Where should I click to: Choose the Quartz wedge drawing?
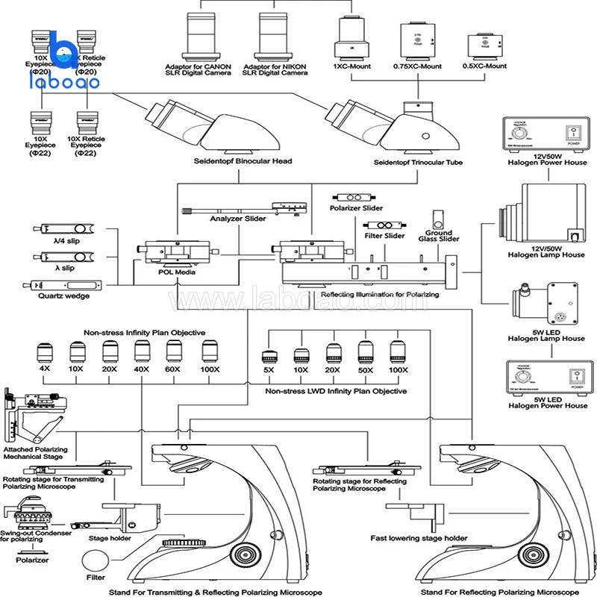[x=64, y=285]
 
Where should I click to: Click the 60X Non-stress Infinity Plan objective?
[x=173, y=351]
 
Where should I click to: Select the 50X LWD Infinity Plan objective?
[x=366, y=351]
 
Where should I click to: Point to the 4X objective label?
[x=44, y=369]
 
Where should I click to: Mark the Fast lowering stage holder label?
[x=419, y=538]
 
